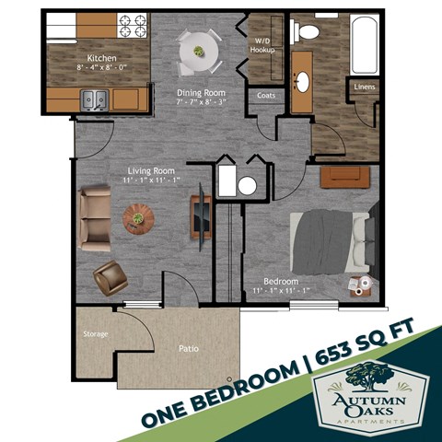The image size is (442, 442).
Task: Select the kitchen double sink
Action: (x=95, y=99)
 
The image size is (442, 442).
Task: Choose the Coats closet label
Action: (x=266, y=94)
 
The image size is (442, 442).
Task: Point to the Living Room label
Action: (x=151, y=170)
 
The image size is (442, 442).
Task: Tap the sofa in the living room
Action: (x=92, y=217)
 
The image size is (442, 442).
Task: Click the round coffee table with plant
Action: (x=139, y=218)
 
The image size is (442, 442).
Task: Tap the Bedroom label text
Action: (x=282, y=281)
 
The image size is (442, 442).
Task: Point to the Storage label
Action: (x=95, y=333)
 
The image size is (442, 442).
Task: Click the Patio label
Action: (x=189, y=350)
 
